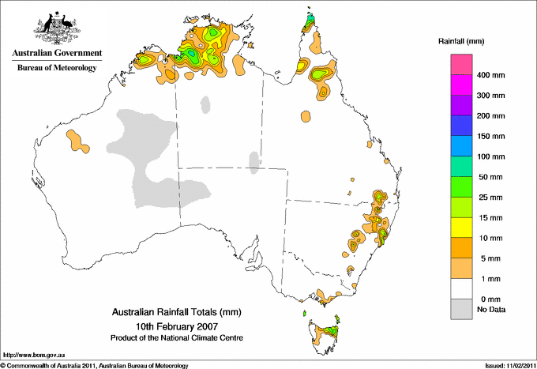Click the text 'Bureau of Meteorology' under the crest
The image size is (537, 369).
[x=56, y=68]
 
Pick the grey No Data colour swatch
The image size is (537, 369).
[x=461, y=310]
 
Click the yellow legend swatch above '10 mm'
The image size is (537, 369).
[x=461, y=228]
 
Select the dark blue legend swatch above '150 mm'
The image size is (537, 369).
[x=461, y=126]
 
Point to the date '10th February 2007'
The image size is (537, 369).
[x=175, y=325]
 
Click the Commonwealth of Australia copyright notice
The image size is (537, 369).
[x=95, y=365]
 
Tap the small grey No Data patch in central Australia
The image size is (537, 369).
[x=253, y=162]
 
